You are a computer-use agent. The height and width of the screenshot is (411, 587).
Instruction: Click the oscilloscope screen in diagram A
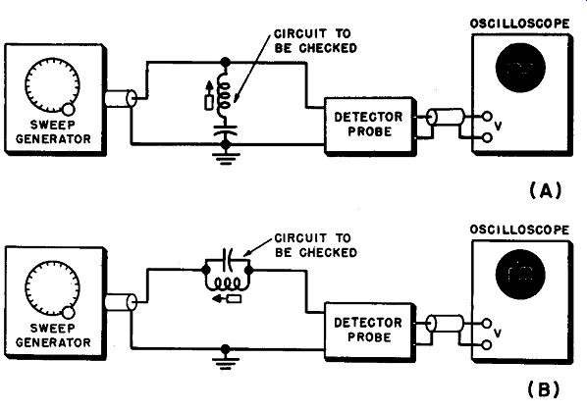pos(520,68)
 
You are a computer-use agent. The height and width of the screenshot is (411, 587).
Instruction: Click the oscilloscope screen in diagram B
pos(520,274)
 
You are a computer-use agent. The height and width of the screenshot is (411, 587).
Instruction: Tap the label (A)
pos(546,191)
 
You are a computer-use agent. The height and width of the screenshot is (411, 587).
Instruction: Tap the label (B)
pos(544,389)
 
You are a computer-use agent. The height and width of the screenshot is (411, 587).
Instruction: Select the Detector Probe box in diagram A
pos(370,125)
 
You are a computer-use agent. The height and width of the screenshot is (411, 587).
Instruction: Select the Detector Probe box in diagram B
pos(370,331)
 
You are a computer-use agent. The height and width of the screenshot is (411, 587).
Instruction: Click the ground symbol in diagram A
pos(225,158)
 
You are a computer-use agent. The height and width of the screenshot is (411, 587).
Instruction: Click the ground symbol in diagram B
pos(225,363)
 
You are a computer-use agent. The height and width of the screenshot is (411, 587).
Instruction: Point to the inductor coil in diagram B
pos(227,284)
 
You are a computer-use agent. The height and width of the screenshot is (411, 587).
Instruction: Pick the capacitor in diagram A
pos(225,130)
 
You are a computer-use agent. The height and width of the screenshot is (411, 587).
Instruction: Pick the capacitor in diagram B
pos(228,258)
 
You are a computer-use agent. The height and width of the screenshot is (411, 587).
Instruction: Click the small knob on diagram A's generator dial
pos(69,110)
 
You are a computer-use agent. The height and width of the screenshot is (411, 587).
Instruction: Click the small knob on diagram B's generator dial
pos(69,312)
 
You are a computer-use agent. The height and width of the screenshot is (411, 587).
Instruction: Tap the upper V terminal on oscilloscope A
pos(487,117)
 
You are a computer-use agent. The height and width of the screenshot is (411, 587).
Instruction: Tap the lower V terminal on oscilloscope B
pos(487,344)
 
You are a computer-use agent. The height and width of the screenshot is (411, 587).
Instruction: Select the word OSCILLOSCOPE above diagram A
pos(519,24)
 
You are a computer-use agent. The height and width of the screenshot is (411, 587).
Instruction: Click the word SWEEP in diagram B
pos(52,328)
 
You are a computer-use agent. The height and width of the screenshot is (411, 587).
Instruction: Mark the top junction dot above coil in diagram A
pos(225,62)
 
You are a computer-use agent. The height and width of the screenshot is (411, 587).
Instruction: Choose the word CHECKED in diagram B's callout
pos(328,253)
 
